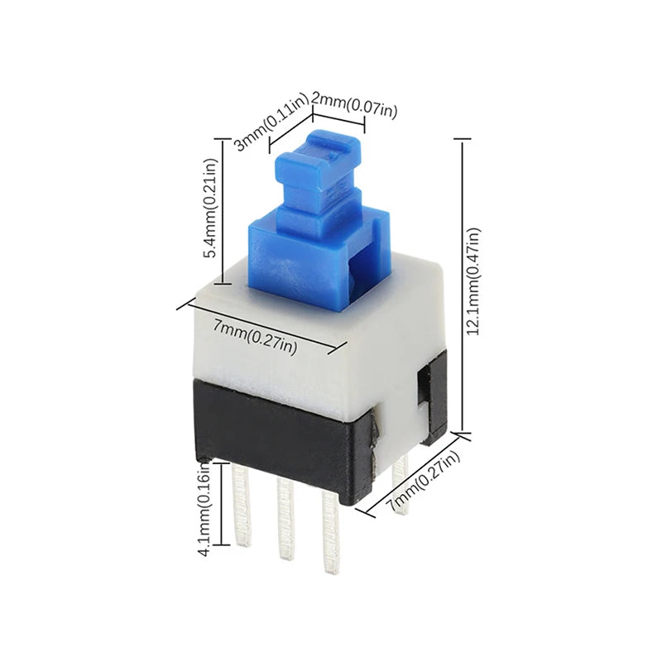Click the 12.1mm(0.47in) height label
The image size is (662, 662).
[473, 282]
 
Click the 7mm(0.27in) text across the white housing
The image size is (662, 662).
[254, 336]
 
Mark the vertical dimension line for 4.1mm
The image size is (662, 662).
[222, 505]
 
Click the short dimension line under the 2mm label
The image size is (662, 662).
[338, 118]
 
